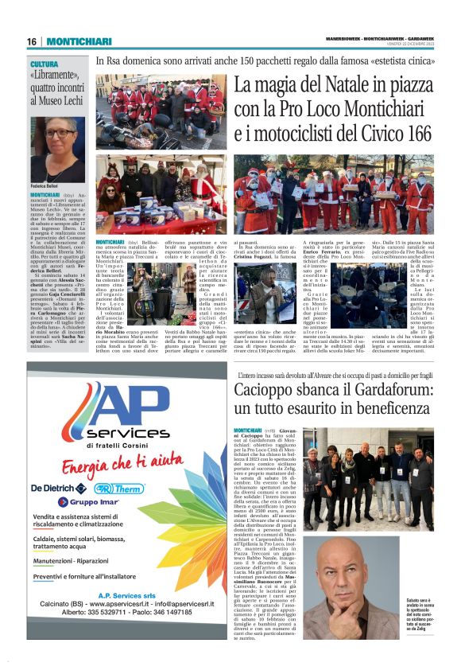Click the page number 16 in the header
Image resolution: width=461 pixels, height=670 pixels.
point(32,41)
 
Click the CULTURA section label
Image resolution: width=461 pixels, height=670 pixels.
point(45,64)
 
